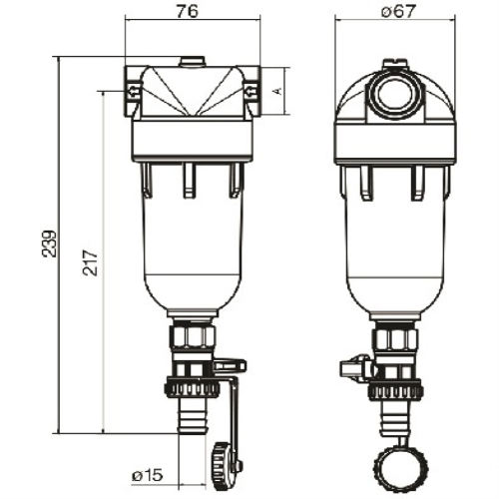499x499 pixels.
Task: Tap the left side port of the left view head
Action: pyautogui.click(x=132, y=91)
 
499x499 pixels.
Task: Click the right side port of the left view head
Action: pyautogui.click(x=250, y=91)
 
